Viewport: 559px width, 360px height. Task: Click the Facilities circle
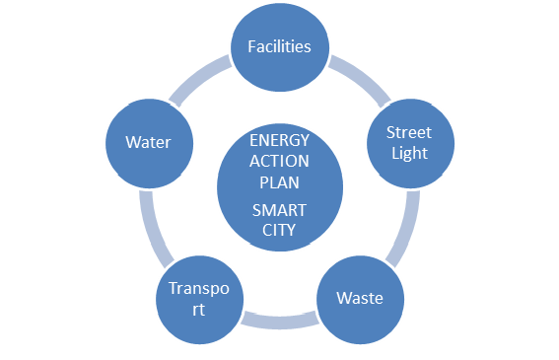[x=279, y=46]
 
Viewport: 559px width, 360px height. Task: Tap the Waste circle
[x=360, y=298]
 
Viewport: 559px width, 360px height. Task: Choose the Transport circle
[x=201, y=298]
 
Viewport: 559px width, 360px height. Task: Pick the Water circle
[x=149, y=142]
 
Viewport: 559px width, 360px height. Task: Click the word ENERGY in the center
[x=280, y=141]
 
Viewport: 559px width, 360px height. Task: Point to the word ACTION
[x=280, y=162]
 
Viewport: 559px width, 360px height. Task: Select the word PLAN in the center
[x=280, y=182]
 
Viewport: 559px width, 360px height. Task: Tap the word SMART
[x=280, y=209]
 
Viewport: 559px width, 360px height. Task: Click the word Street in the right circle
[x=408, y=132]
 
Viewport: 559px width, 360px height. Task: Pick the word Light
[x=408, y=153]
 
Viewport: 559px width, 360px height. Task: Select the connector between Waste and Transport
[x=280, y=320]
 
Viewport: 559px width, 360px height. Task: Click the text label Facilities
[x=279, y=46]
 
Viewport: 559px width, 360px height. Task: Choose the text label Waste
[x=360, y=298]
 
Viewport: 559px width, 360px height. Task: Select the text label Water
[x=149, y=142]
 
